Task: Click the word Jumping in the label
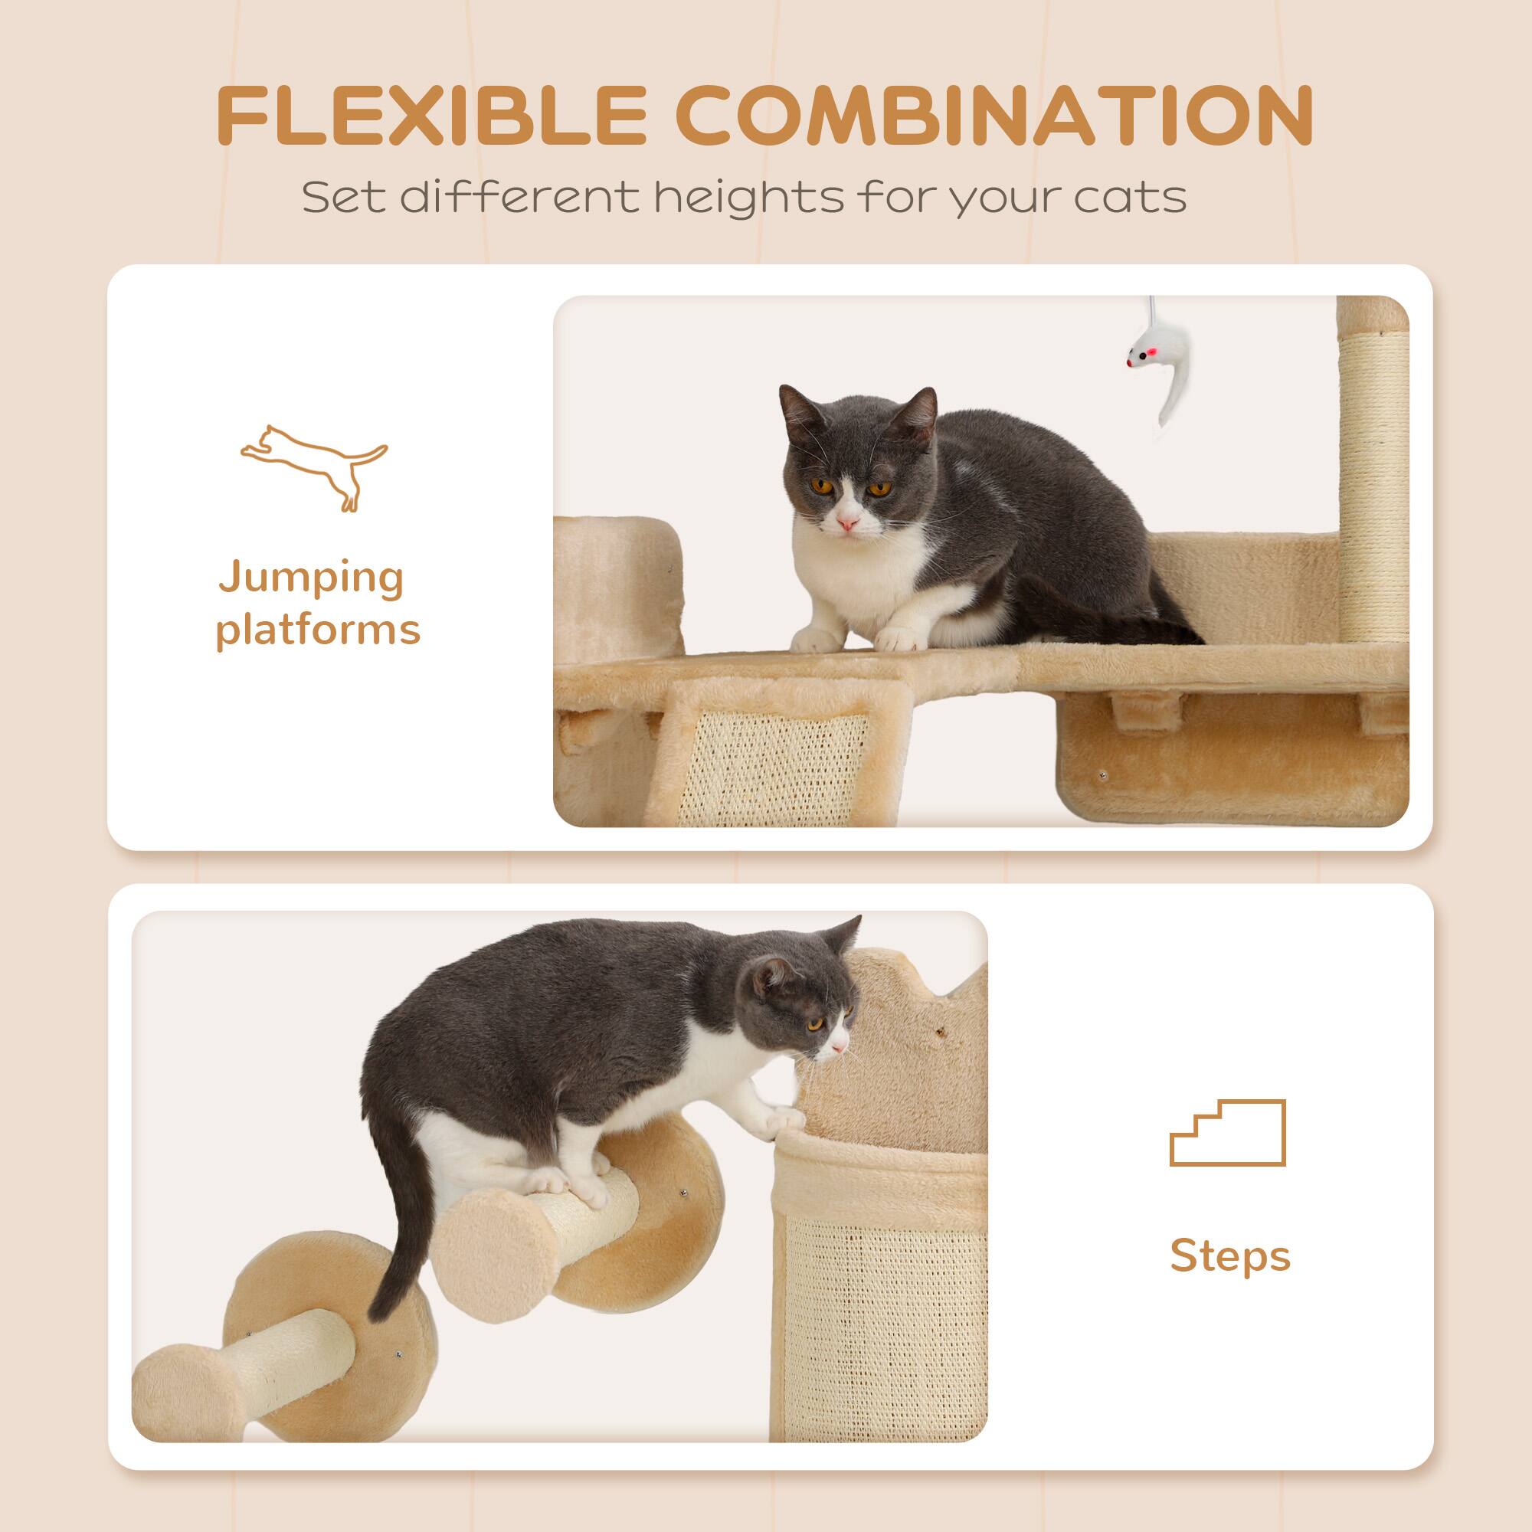tap(312, 580)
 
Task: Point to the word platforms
tap(317, 630)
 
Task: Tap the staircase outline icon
tap(1227, 1133)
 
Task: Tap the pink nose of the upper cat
tap(848, 523)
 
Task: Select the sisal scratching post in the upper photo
tap(1371, 476)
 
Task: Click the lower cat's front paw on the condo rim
tap(784, 1121)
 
